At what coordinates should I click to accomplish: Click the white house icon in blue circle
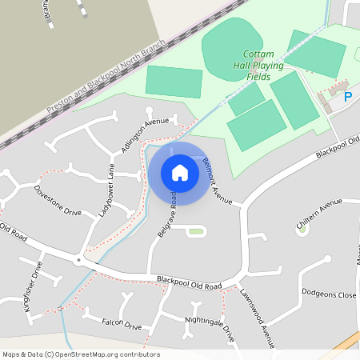180,173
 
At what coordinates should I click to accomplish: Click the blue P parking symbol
348,97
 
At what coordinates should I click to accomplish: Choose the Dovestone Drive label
58,201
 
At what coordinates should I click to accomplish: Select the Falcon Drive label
122,326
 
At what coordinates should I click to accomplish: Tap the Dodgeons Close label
329,294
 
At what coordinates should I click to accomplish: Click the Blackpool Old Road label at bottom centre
189,283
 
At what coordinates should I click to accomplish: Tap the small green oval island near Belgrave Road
196,232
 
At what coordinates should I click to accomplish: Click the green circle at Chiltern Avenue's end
302,229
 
